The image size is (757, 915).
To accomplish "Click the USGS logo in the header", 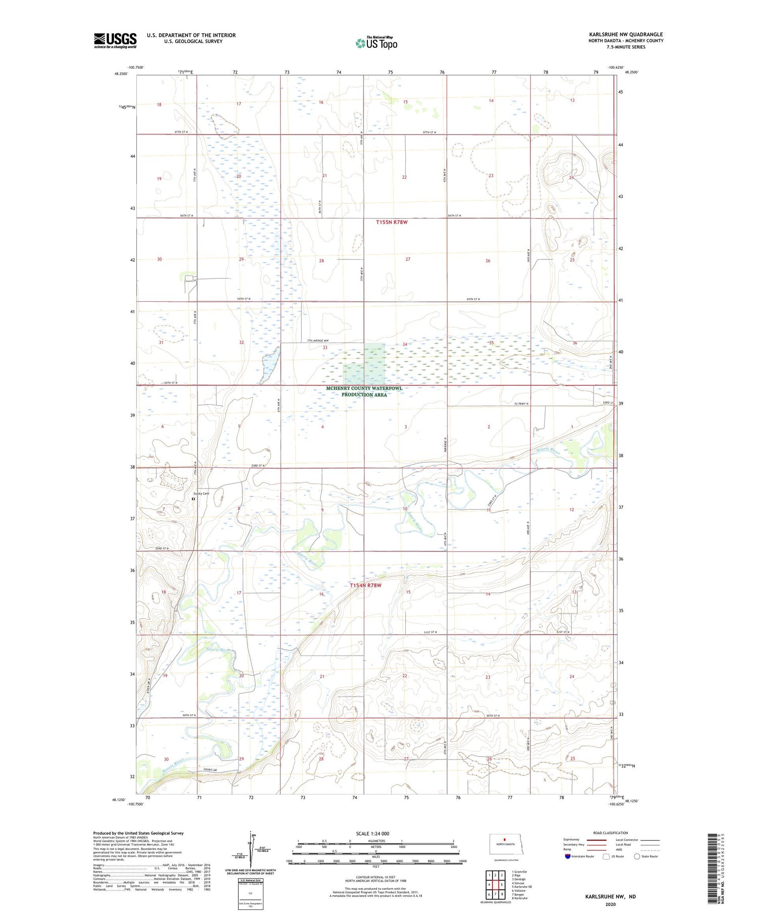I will [x=115, y=40].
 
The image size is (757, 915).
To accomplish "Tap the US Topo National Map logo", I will [x=376, y=43].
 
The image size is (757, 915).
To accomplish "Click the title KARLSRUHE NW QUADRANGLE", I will [x=626, y=34].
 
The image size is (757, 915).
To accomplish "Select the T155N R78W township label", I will [x=392, y=222].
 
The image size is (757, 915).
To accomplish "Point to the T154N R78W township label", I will [x=365, y=585].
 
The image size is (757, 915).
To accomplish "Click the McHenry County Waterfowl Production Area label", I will [x=364, y=392].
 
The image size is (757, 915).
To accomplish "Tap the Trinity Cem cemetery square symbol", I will [x=193, y=499].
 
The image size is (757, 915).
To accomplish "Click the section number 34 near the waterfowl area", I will [x=405, y=344].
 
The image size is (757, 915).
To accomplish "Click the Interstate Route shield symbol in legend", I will [x=568, y=856].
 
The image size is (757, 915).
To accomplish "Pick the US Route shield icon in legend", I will [x=606, y=856].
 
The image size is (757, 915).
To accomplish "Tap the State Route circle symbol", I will [x=637, y=856].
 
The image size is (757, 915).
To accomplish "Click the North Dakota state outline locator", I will [x=503, y=844].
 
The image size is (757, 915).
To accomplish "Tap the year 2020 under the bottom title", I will [x=610, y=904].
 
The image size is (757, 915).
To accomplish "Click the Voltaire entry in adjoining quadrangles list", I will [x=520, y=890].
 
